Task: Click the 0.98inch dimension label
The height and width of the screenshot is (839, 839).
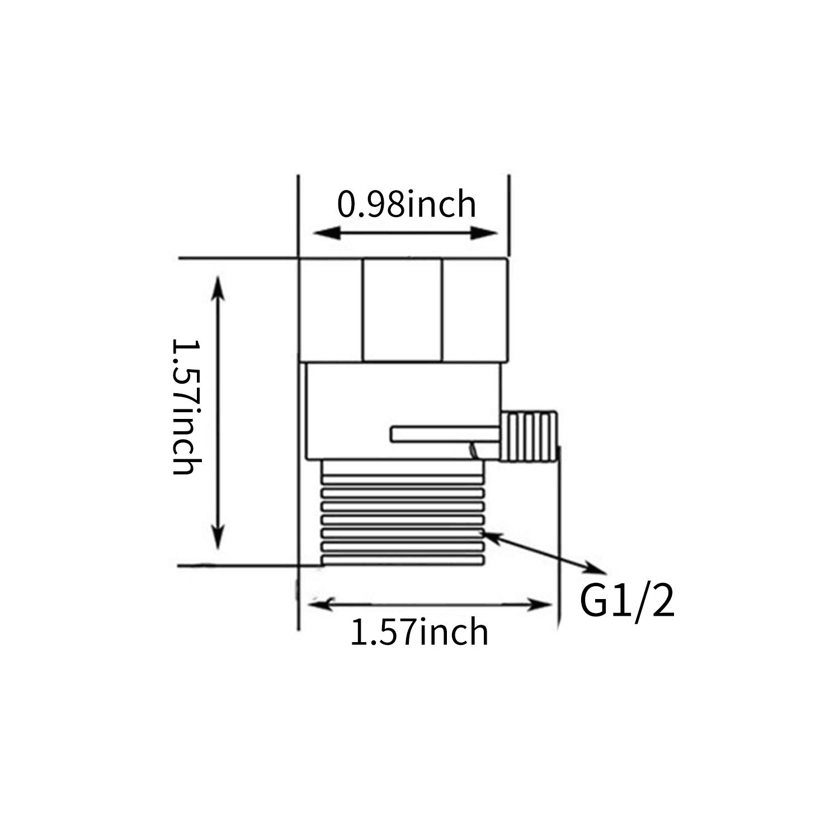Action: (x=407, y=205)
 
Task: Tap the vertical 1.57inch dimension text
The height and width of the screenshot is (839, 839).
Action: (x=186, y=407)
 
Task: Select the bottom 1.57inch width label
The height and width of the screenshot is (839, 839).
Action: (x=419, y=633)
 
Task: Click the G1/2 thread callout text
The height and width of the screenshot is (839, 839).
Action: (x=627, y=602)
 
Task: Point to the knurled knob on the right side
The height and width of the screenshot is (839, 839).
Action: (x=529, y=436)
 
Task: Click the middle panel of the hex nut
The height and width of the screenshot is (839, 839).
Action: (x=403, y=310)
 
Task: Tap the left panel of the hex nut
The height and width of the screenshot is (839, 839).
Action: (x=331, y=310)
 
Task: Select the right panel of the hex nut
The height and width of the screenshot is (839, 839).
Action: (x=475, y=310)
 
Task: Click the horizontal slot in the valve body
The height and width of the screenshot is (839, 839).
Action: (x=445, y=435)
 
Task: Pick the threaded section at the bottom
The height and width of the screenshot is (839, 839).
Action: (x=402, y=512)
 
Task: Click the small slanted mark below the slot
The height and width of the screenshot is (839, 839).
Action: (x=473, y=450)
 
